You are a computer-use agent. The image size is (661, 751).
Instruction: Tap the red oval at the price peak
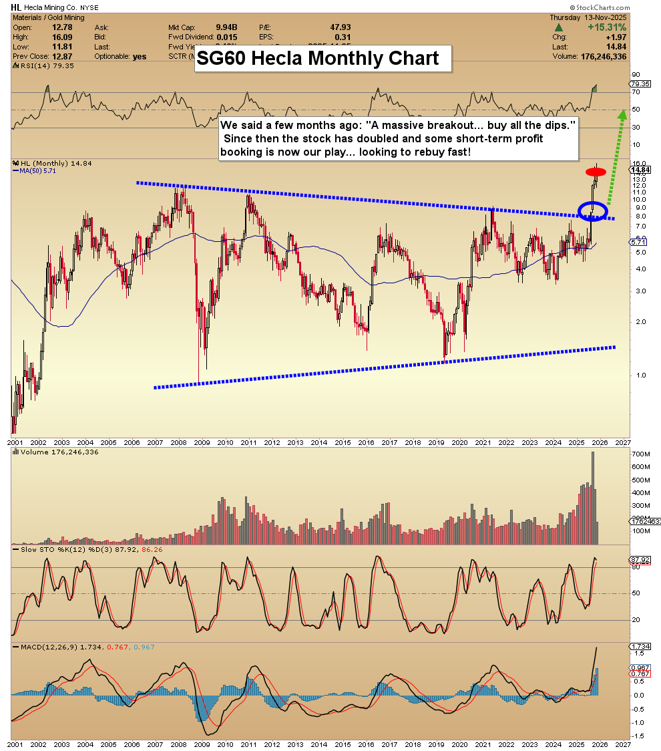596,172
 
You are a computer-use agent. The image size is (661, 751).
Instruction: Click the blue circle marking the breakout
594,210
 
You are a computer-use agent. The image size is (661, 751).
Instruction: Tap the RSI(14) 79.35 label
36,67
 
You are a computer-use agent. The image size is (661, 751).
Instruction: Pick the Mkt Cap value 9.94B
227,27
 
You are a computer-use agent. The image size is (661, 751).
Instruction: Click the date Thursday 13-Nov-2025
605,17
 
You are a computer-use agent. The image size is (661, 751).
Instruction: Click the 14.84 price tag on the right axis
640,170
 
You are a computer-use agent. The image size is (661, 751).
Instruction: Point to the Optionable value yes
139,57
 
